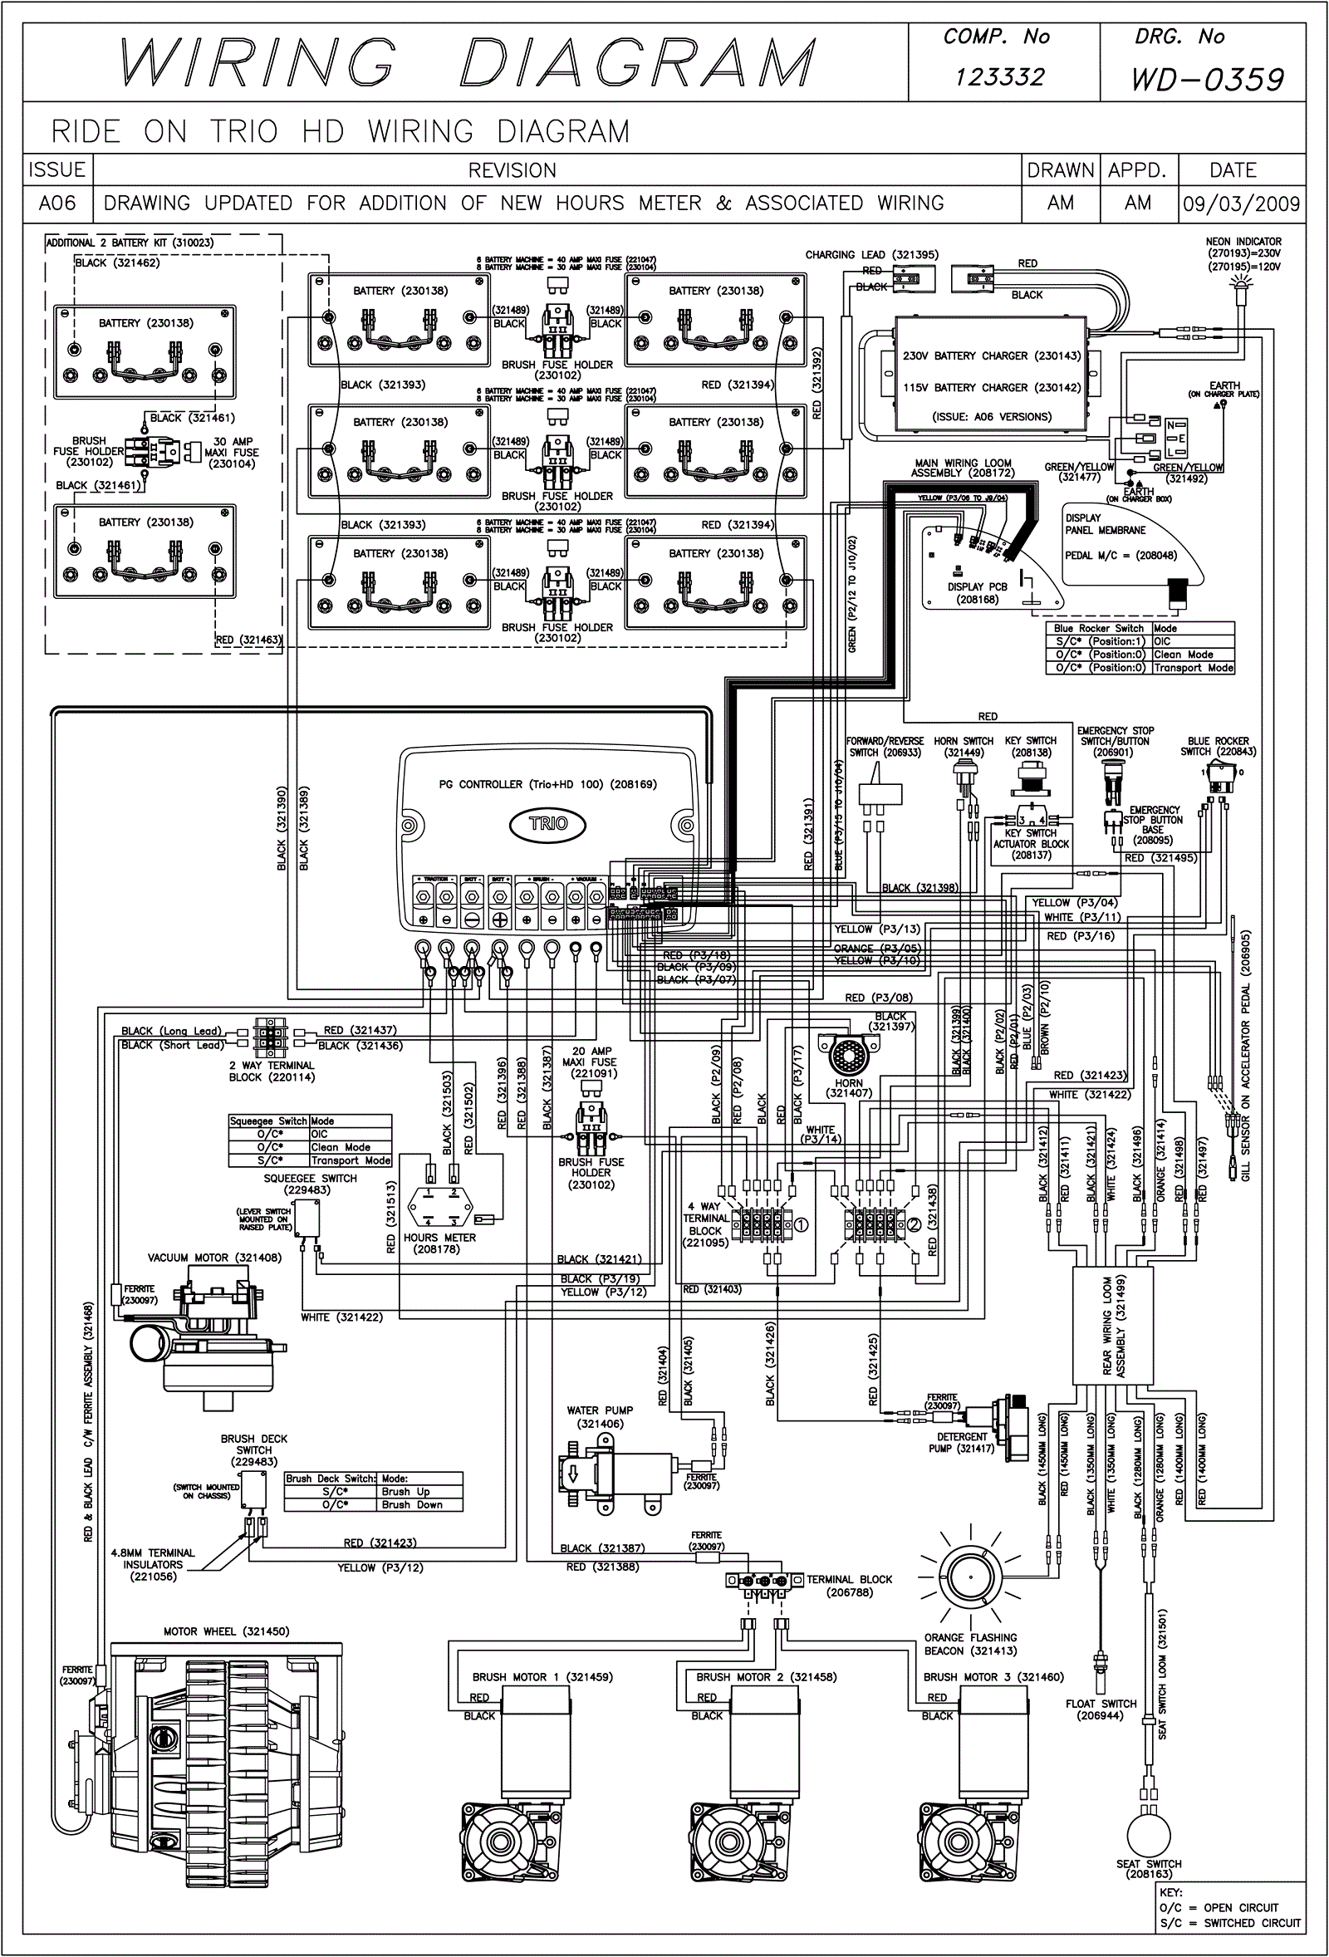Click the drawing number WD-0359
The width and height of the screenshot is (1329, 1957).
pyautogui.click(x=1208, y=79)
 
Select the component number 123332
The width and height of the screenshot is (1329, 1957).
pyautogui.click(x=1000, y=77)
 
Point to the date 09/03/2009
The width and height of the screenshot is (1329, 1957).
pyautogui.click(x=1242, y=204)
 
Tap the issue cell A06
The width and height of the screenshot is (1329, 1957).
pyautogui.click(x=57, y=204)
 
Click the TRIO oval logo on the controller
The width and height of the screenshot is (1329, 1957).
pyautogui.click(x=548, y=823)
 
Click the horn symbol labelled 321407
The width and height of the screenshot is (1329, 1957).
pyautogui.click(x=848, y=1054)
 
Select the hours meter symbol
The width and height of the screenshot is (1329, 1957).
pyautogui.click(x=440, y=1207)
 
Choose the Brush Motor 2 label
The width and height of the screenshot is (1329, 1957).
pyautogui.click(x=767, y=1676)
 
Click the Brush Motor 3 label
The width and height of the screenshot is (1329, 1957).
pyautogui.click(x=993, y=1676)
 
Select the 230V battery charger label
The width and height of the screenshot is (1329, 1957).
pyautogui.click(x=991, y=356)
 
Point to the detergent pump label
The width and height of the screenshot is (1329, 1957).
pyautogui.click(x=963, y=1443)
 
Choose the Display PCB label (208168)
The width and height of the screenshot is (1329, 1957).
pyautogui.click(x=977, y=593)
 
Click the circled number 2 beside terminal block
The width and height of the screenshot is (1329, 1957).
pyautogui.click(x=913, y=1224)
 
